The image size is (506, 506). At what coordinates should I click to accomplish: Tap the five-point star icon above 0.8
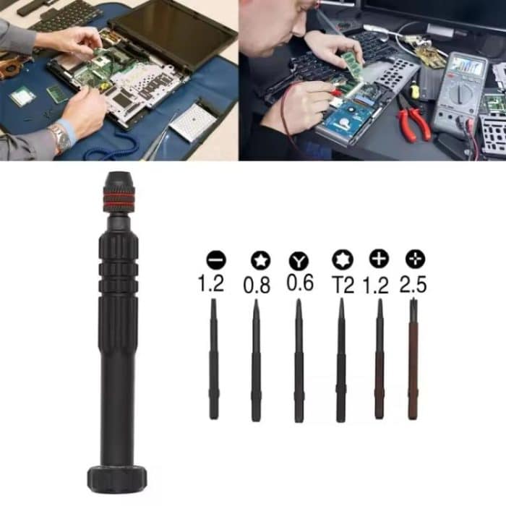click(x=256, y=260)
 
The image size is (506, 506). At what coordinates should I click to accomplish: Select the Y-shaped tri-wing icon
click(x=299, y=260)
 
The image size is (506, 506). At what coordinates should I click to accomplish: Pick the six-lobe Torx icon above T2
click(x=340, y=260)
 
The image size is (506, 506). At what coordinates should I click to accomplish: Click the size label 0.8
click(x=257, y=286)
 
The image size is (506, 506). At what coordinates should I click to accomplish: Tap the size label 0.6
click(x=299, y=283)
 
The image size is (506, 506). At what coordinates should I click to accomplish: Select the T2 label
click(x=343, y=285)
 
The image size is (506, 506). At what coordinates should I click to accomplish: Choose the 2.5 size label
click(x=413, y=284)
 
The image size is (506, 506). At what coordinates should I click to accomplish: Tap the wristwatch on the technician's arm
click(x=59, y=137)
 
